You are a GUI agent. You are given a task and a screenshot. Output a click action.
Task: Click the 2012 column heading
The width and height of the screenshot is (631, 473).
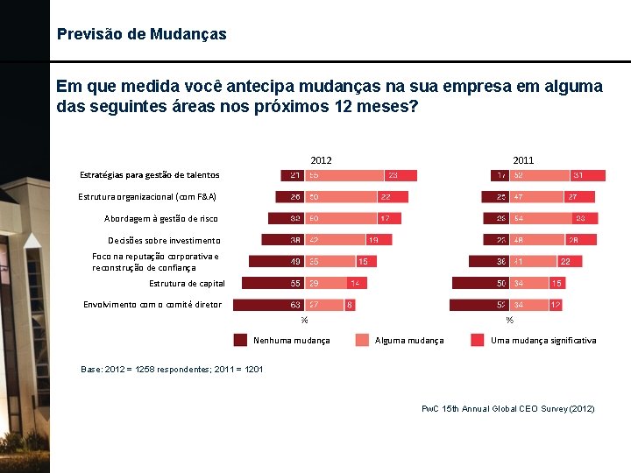[x=321, y=160]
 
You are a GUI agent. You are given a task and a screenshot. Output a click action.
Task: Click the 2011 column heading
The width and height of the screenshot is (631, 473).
[x=523, y=160]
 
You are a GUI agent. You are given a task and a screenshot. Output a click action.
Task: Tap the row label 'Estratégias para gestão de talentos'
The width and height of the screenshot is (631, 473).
[x=149, y=175]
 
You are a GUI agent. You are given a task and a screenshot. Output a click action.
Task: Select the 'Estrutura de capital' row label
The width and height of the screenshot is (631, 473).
[x=187, y=284]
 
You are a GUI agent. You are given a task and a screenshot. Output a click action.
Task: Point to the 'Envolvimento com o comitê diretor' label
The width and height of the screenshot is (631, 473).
[x=152, y=305]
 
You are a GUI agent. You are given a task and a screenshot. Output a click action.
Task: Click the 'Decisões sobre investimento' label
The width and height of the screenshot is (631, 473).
[x=164, y=241]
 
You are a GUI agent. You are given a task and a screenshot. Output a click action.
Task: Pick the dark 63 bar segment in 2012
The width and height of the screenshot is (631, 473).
[x=268, y=305]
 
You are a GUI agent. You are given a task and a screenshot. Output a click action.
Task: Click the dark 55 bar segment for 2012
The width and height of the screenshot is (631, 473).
[x=272, y=283]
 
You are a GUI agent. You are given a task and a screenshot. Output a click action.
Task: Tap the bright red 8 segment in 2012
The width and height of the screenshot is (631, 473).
[x=351, y=305]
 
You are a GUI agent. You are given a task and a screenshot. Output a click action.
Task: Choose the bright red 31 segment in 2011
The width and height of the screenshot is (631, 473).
[x=588, y=175]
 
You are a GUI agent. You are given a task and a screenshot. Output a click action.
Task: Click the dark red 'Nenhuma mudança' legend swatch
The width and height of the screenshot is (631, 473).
[x=240, y=340]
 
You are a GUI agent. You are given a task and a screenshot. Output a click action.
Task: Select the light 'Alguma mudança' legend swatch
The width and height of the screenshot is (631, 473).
[x=362, y=340]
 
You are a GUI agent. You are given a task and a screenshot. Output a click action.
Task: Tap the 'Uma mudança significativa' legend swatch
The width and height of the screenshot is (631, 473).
[x=478, y=340]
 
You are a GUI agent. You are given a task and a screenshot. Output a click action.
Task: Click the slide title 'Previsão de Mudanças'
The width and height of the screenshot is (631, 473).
[x=141, y=35]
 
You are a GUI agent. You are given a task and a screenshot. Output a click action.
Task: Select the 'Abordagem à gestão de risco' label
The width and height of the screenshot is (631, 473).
[x=160, y=219]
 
